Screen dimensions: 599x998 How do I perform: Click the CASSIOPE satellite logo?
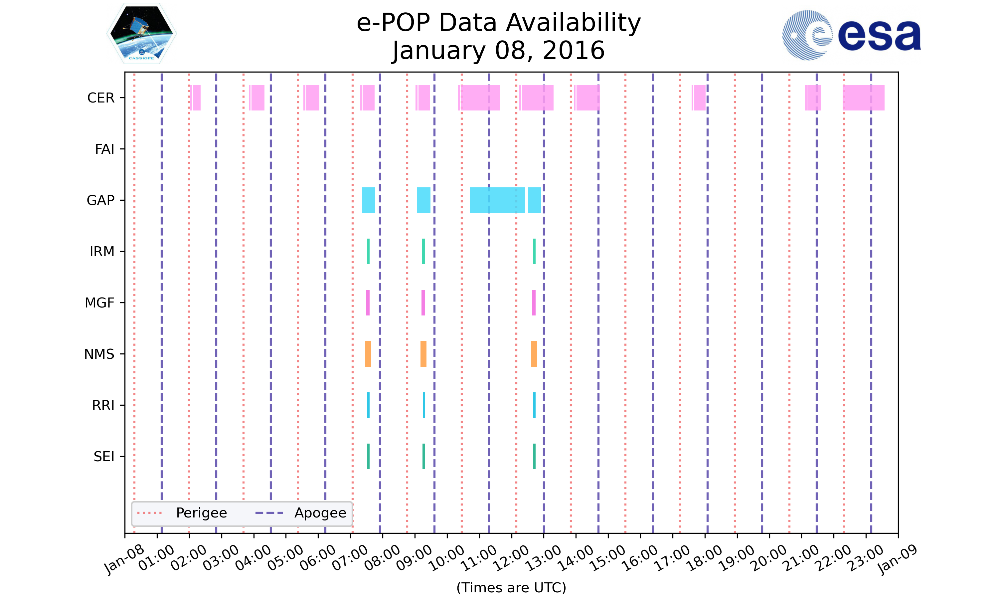(141, 34)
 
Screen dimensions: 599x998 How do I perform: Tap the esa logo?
(851, 35)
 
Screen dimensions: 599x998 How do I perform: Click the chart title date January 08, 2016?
(498, 51)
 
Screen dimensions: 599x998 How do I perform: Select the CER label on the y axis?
(101, 98)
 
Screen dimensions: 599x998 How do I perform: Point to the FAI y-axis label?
(104, 149)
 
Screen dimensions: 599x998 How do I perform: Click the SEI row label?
(104, 457)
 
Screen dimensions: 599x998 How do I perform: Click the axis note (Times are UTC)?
(511, 587)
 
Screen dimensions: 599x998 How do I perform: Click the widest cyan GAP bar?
(497, 200)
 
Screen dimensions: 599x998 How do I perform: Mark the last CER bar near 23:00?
(864, 98)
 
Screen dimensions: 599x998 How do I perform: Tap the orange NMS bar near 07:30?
(368, 354)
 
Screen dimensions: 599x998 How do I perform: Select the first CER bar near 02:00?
(195, 98)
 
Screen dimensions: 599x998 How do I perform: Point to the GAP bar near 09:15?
(423, 200)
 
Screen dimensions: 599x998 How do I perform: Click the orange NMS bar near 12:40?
(534, 354)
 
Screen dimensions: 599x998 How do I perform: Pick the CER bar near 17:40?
(699, 98)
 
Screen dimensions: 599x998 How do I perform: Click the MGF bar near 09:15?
(423, 303)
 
